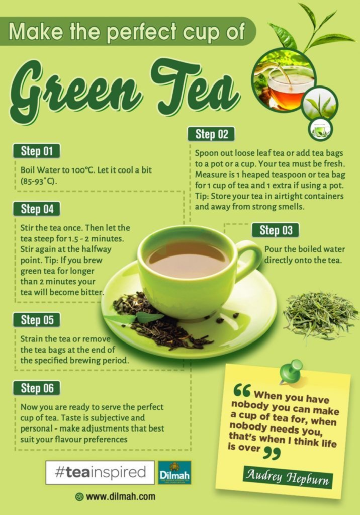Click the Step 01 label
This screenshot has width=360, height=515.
pyautogui.click(x=37, y=151)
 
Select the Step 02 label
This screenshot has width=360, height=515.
pyautogui.click(x=212, y=134)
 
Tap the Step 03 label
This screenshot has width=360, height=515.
pyautogui.click(x=276, y=230)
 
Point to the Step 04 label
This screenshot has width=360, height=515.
pyautogui.click(x=37, y=209)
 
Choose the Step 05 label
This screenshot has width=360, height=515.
pyautogui.click(x=37, y=320)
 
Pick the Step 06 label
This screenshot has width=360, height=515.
pyautogui.click(x=37, y=388)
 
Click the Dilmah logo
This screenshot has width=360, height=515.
pyautogui.click(x=174, y=473)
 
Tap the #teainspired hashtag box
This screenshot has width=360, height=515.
pyautogui.click(x=100, y=473)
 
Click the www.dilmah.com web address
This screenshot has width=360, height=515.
pyautogui.click(x=115, y=496)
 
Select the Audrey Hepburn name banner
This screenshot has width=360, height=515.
pyautogui.click(x=288, y=477)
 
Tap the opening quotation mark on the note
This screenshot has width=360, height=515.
pyautogui.click(x=242, y=390)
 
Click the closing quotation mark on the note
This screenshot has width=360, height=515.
pyautogui.click(x=272, y=452)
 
